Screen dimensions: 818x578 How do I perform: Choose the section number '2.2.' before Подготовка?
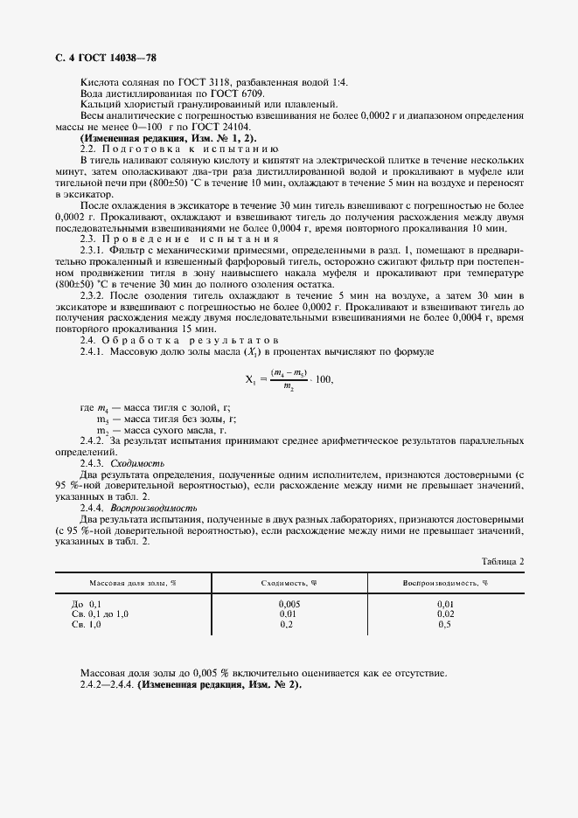tap(89, 149)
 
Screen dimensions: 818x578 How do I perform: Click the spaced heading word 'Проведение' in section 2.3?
tap(143, 239)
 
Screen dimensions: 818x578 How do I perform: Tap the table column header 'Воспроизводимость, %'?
tap(444, 582)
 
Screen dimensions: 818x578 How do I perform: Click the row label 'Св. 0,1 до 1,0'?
tap(100, 614)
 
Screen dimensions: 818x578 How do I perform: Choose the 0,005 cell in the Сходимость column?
tap(289, 604)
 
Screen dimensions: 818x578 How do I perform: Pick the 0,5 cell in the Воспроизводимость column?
tap(444, 625)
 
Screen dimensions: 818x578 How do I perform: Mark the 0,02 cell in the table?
tap(444, 614)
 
